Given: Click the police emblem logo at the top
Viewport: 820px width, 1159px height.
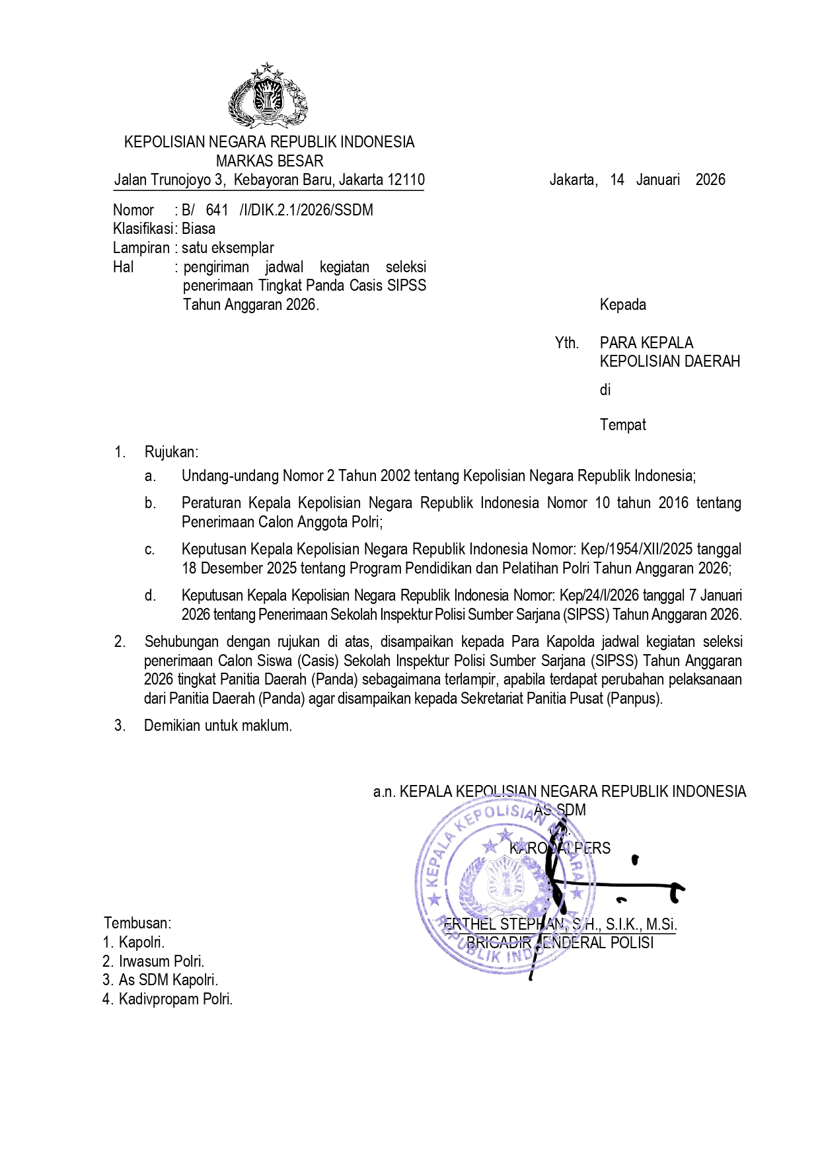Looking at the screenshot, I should tap(268, 96).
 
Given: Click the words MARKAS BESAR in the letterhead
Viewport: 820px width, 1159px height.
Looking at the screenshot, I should tap(270, 161).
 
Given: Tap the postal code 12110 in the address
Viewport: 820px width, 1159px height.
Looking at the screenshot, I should tap(406, 180).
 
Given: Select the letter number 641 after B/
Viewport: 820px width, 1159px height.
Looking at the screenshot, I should tap(217, 210).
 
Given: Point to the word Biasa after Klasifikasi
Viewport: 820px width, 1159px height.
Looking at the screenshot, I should tap(198, 229).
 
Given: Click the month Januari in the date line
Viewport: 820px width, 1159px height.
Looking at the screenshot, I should tap(657, 180).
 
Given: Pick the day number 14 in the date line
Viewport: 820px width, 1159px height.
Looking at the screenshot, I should tap(617, 180).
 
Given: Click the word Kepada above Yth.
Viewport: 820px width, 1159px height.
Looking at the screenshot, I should tap(622, 305).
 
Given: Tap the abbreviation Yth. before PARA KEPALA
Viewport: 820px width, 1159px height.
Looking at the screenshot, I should tap(566, 343).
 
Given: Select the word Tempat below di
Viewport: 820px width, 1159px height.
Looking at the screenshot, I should tap(622, 425).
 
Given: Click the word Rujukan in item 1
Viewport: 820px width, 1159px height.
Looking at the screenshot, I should tap(170, 452).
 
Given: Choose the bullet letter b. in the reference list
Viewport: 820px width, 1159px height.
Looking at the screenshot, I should tap(151, 503).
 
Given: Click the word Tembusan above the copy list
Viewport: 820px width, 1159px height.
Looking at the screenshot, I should tap(137, 923).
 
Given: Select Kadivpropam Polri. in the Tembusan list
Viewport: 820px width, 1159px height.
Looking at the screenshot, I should tap(175, 999).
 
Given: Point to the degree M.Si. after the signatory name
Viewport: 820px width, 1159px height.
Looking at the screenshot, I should tap(661, 924).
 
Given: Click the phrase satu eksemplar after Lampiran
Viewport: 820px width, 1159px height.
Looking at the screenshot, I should tap(227, 248).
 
